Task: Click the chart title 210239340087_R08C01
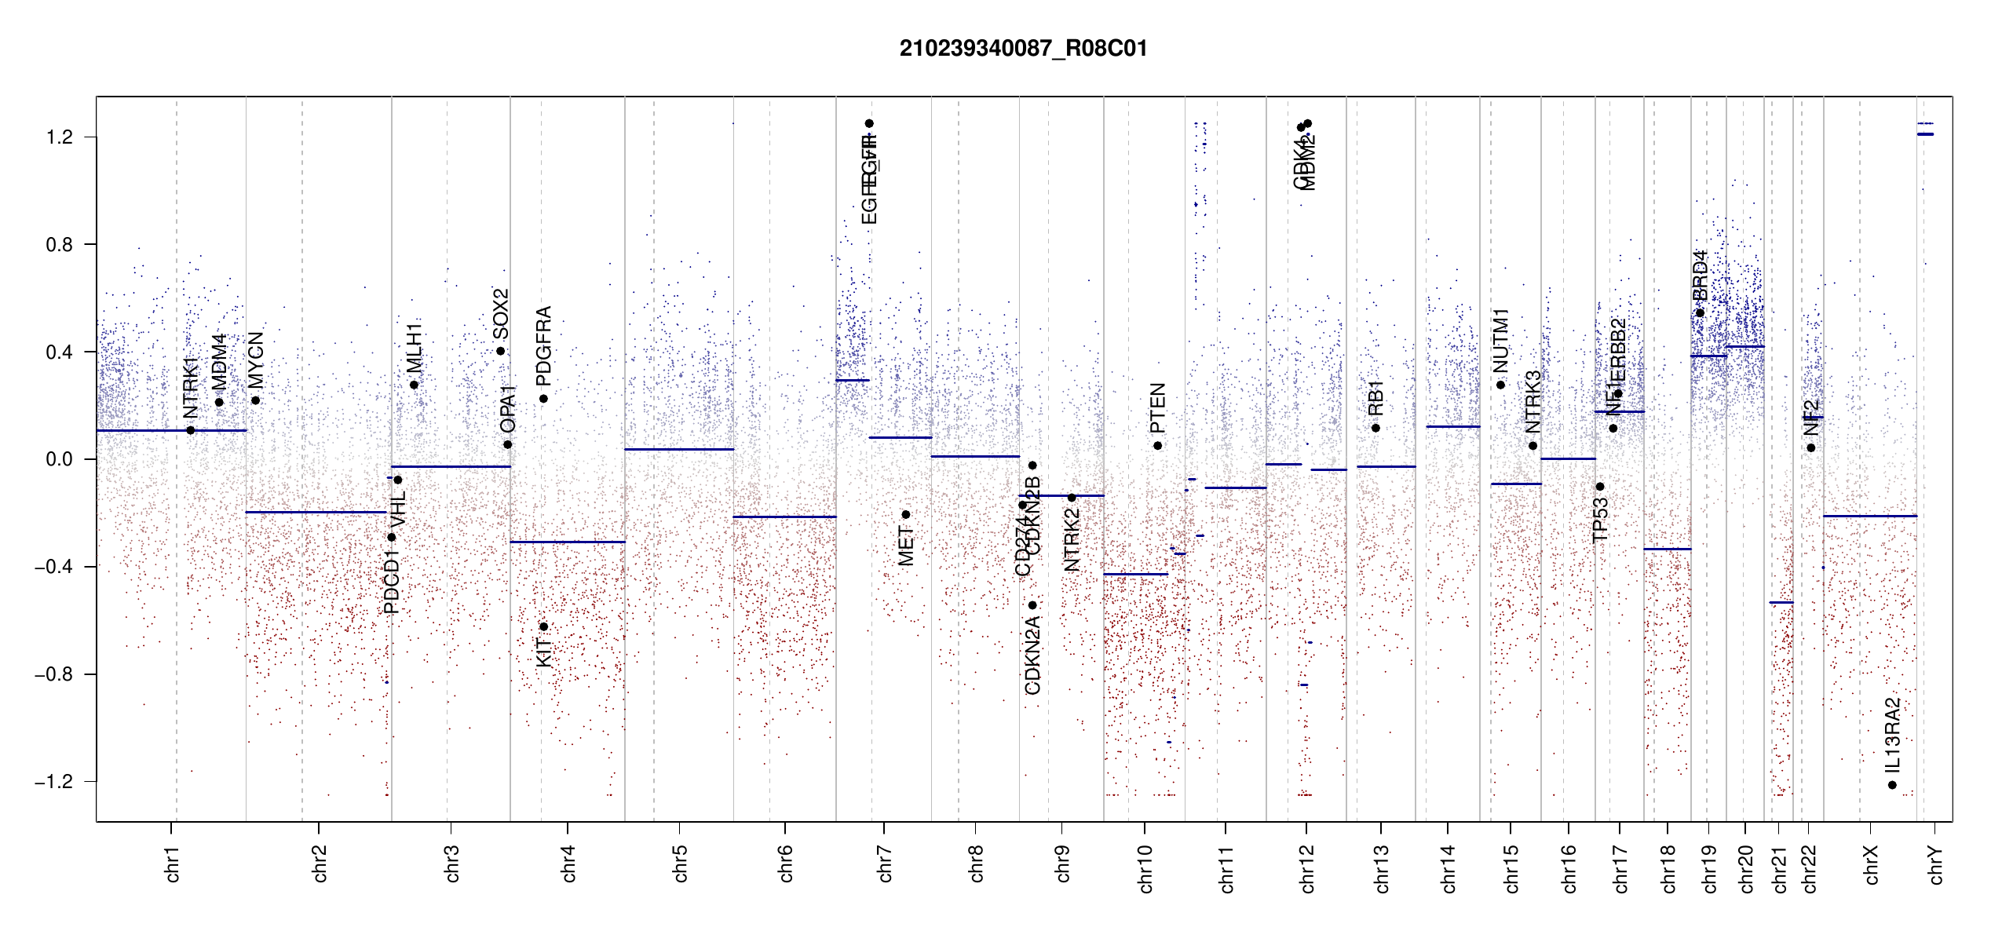[x=1023, y=49]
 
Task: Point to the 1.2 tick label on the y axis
[x=59, y=137]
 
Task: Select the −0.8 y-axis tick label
[x=53, y=674]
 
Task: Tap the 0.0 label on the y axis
[x=59, y=459]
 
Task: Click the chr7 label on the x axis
[x=885, y=863]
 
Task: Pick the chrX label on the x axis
[x=1871, y=864]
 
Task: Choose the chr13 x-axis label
[x=1381, y=868]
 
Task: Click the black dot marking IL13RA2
[x=1892, y=785]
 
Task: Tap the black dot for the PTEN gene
[x=1157, y=446]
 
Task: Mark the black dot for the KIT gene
[x=543, y=626]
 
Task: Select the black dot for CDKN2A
[x=1032, y=605]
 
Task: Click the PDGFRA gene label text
[x=543, y=345]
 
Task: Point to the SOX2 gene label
[x=500, y=313]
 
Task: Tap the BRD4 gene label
[x=1700, y=275]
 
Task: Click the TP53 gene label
[x=1600, y=520]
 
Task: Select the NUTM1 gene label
[x=1500, y=340]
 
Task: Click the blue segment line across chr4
[x=567, y=542]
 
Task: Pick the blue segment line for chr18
[x=1667, y=549]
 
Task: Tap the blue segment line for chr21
[x=1781, y=602]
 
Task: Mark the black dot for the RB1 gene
[x=1375, y=428]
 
